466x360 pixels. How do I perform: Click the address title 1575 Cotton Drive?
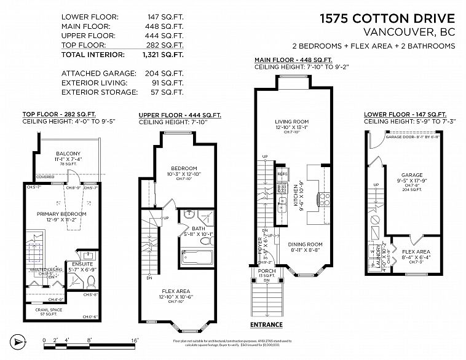[x=387, y=19]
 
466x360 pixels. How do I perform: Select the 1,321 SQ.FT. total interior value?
[x=164, y=55]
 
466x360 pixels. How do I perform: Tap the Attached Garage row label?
[x=95, y=73]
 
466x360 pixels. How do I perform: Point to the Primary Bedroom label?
[x=61, y=214]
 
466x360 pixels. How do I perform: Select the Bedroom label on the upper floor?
[x=184, y=168]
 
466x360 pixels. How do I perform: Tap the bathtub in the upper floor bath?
[x=196, y=257]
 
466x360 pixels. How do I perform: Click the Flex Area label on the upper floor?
[x=176, y=291]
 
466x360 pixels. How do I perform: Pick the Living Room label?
[x=291, y=122]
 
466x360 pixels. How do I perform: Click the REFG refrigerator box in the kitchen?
[x=282, y=174]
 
